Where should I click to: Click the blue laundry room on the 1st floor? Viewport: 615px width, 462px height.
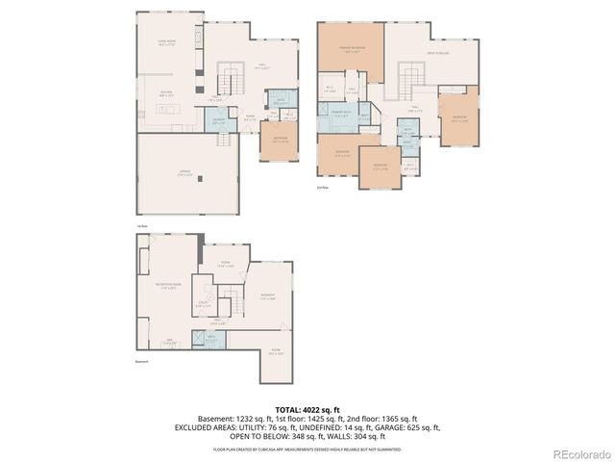click(x=219, y=121)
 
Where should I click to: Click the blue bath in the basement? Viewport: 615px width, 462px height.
click(x=212, y=338)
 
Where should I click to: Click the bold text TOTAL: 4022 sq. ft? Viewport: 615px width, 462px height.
click(x=307, y=409)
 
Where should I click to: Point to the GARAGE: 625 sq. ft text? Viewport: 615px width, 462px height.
click(x=406, y=427)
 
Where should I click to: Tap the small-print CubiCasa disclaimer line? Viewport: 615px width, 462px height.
click(x=307, y=448)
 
